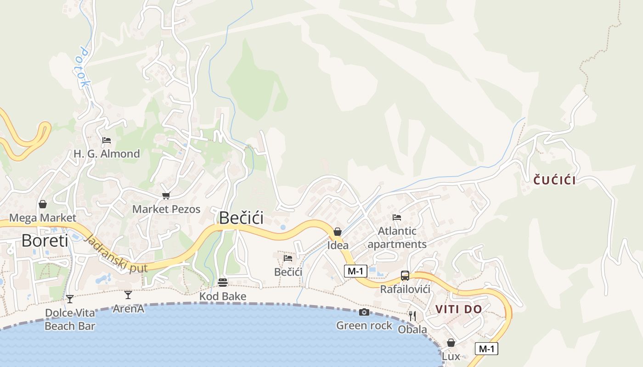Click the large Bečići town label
(241, 217)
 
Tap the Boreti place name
(45, 240)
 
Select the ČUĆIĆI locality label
(554, 180)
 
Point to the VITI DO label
(459, 309)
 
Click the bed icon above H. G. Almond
(107, 140)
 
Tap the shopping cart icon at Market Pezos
(166, 195)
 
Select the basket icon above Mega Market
(43, 204)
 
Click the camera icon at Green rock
(364, 312)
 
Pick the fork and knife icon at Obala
(412, 316)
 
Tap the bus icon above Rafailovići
(405, 275)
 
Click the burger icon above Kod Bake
(223, 282)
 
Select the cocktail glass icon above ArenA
(128, 295)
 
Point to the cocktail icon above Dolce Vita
(70, 299)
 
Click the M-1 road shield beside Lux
(486, 349)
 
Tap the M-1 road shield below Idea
(355, 271)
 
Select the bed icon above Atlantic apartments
(397, 217)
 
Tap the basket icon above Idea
(338, 232)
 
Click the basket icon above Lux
(451, 343)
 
